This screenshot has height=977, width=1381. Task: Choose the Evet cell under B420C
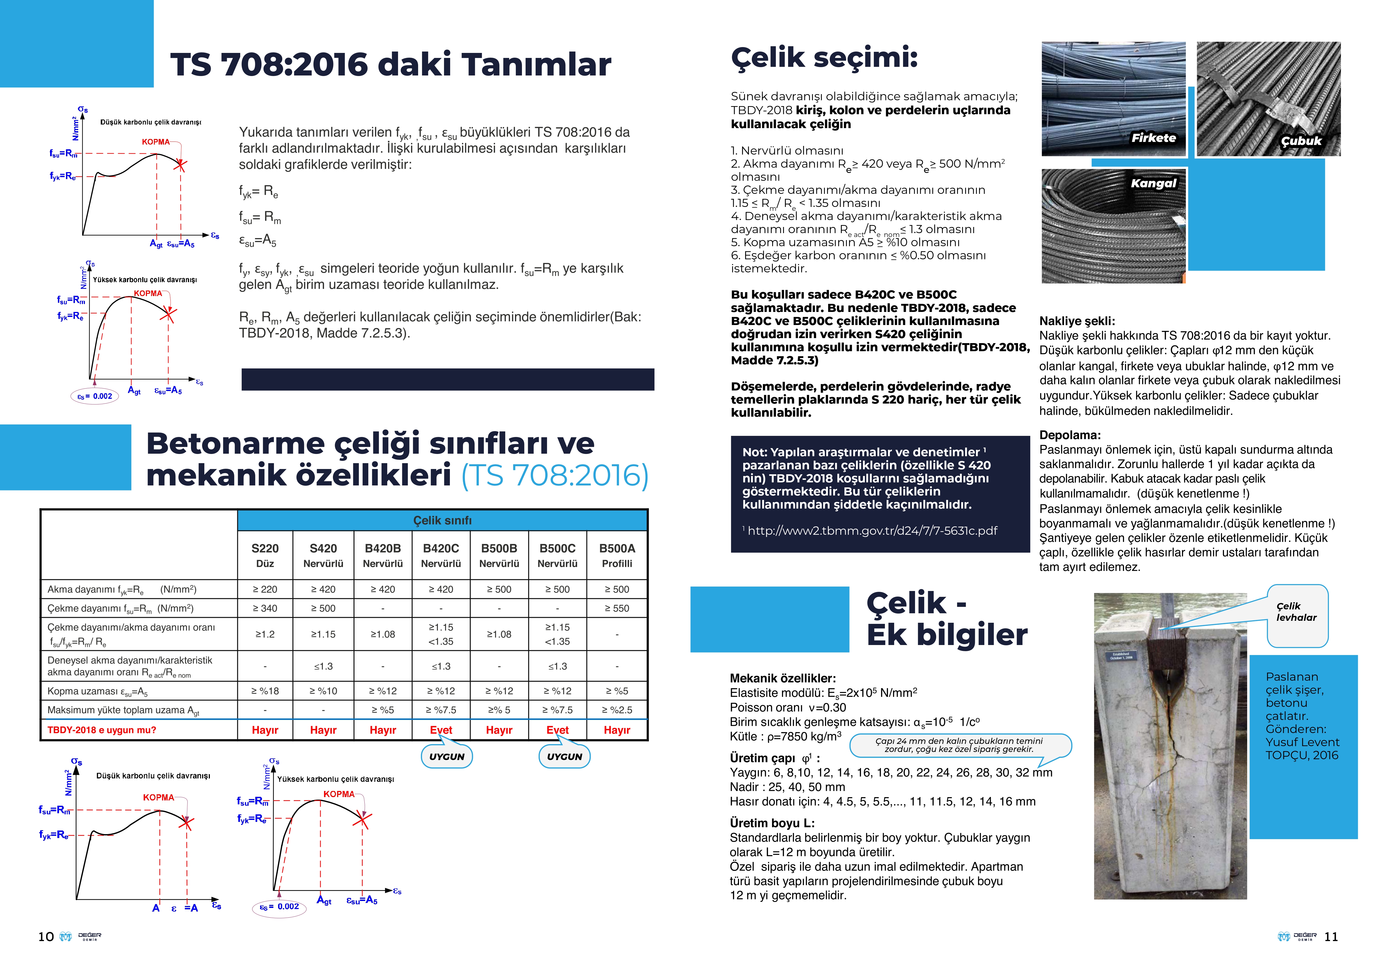441,730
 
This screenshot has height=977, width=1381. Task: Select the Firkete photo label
1153,138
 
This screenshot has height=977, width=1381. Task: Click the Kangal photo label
1153,183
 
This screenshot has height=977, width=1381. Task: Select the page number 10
46,937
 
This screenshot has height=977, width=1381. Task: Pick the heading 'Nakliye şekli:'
1077,321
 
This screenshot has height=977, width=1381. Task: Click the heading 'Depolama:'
1070,435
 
